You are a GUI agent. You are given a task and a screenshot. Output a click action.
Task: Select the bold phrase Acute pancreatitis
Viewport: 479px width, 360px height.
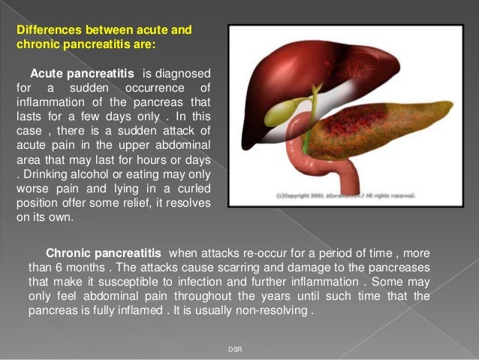[x=82, y=75]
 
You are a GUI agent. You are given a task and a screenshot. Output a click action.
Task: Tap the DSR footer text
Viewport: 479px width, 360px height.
[x=235, y=349]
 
